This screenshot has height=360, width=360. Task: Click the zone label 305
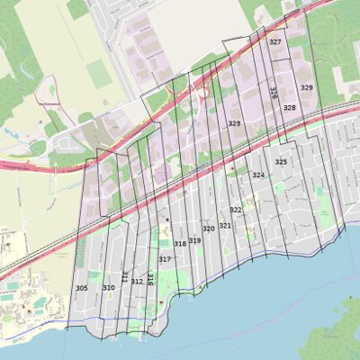click(x=82, y=288)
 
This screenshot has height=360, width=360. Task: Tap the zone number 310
click(x=109, y=288)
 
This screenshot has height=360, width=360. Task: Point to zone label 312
click(x=137, y=282)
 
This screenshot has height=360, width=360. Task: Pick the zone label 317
click(x=165, y=259)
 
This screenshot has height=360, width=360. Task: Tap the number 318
click(x=180, y=244)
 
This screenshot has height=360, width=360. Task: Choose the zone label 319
click(x=194, y=240)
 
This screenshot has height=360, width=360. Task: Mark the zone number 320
click(x=209, y=229)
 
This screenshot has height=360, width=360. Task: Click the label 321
click(x=225, y=225)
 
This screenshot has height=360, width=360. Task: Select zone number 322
click(x=236, y=210)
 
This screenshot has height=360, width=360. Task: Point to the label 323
click(x=234, y=123)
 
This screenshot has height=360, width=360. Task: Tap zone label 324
click(x=258, y=175)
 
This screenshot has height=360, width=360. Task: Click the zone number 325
click(x=281, y=162)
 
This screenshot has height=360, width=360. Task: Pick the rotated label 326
click(x=273, y=94)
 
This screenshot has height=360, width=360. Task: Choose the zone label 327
click(x=275, y=42)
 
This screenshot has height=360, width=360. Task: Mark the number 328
click(x=289, y=107)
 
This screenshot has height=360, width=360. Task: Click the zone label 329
click(x=307, y=87)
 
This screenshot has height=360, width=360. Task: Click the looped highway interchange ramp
click(x=202, y=90)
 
